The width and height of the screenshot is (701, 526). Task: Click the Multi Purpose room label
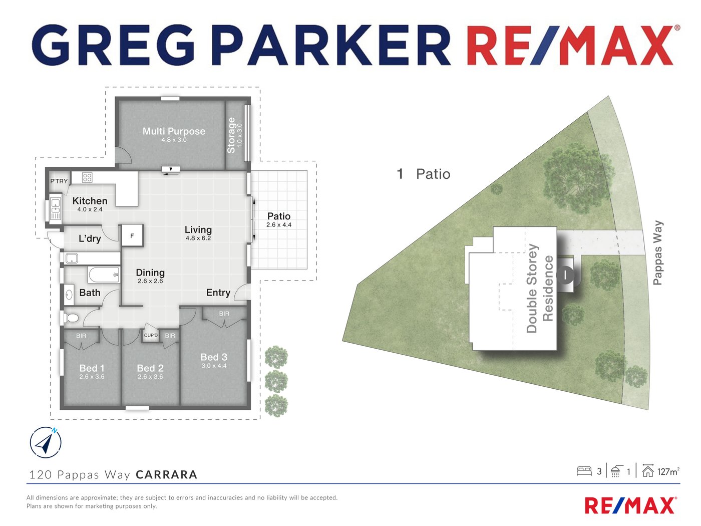click(174, 131)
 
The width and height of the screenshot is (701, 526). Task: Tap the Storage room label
click(231, 135)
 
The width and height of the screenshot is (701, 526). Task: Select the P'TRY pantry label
click(59, 181)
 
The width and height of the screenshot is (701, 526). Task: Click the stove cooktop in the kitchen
click(87, 177)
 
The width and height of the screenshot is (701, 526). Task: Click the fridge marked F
click(132, 235)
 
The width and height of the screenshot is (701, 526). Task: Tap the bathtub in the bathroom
click(104, 275)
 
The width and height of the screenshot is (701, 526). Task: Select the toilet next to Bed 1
click(71, 318)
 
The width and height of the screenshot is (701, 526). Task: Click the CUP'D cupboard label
click(151, 335)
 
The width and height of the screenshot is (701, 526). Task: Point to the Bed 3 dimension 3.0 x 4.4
click(214, 366)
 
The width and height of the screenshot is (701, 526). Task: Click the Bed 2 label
click(150, 368)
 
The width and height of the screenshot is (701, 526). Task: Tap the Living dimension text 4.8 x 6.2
click(198, 238)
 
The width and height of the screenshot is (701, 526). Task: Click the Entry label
click(218, 293)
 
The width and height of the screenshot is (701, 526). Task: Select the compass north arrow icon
click(46, 442)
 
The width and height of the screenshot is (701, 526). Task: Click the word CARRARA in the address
click(166, 474)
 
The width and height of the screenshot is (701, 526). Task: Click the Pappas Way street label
click(658, 252)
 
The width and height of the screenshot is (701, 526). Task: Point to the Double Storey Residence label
click(539, 289)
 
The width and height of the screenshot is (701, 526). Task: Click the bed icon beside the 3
click(584, 471)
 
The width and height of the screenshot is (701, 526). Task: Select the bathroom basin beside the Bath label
click(69, 294)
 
